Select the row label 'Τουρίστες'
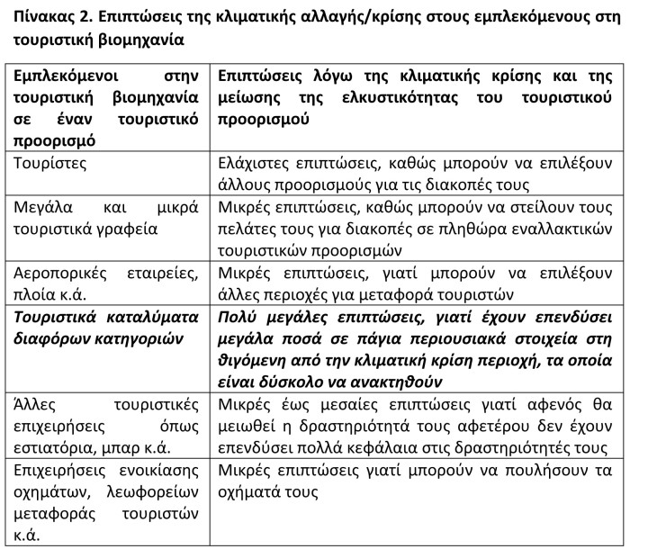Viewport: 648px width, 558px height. pos(50,164)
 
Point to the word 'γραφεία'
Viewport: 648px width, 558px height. pos(126,229)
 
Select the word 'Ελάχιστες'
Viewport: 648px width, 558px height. pos(256,164)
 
